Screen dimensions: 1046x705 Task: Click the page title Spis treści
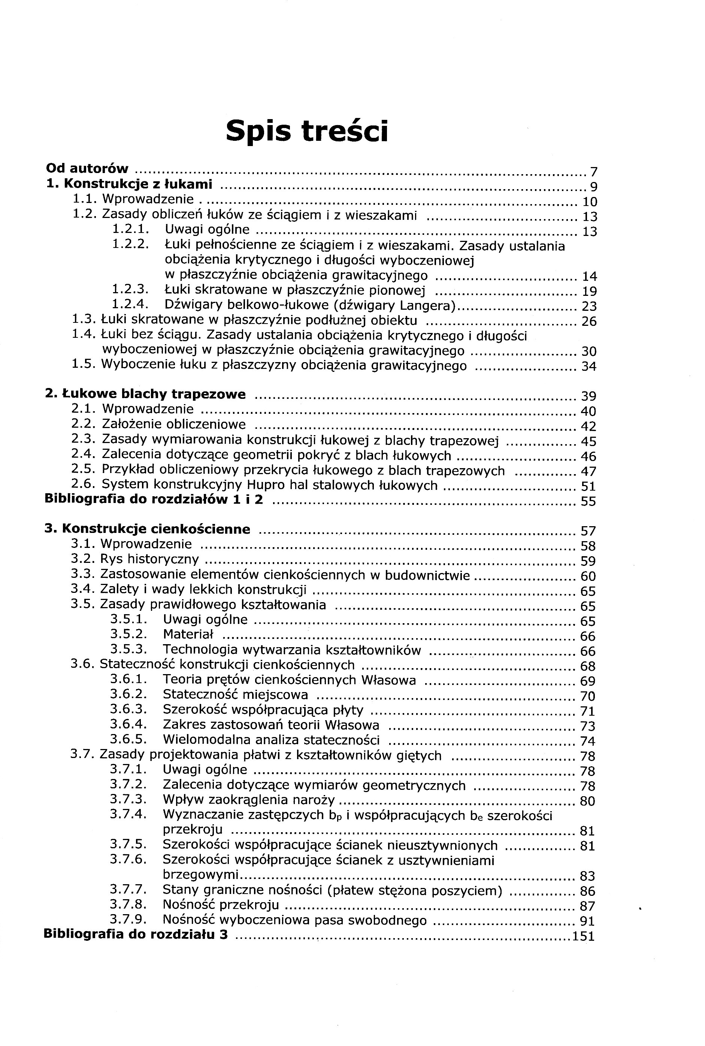[x=307, y=131]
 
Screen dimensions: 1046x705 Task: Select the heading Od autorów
[x=87, y=169]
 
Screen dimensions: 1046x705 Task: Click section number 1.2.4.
[x=130, y=305]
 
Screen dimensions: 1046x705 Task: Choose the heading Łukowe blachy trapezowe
[x=146, y=394]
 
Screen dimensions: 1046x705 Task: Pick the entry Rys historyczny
[x=149, y=559]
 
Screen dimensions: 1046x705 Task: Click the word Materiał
[x=188, y=634]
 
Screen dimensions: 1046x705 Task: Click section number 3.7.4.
[x=128, y=815]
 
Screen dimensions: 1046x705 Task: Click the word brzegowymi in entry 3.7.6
[x=200, y=874]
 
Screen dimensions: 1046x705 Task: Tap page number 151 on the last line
[x=584, y=936]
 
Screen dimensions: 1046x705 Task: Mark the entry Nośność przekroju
[x=220, y=904]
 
